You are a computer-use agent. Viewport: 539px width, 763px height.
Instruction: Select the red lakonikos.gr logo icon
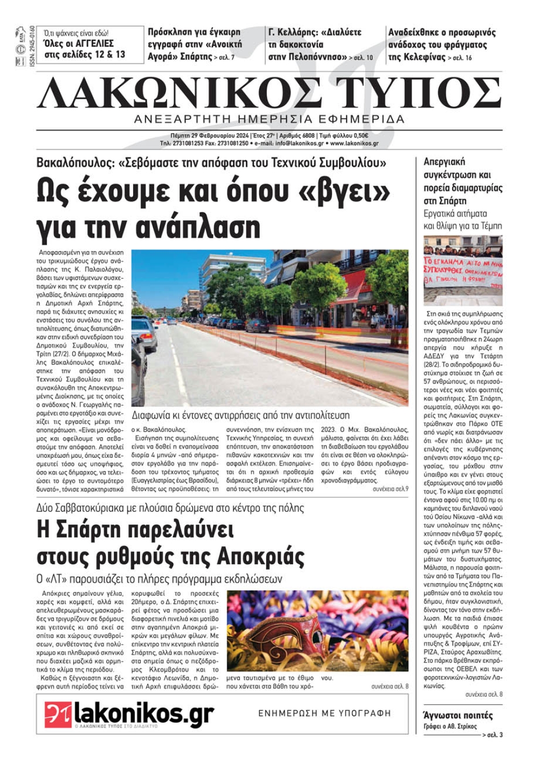click(x=58, y=715)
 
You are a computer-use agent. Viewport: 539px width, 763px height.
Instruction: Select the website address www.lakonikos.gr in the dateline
click(x=354, y=144)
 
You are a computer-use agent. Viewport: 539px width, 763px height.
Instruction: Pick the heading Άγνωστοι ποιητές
click(x=458, y=716)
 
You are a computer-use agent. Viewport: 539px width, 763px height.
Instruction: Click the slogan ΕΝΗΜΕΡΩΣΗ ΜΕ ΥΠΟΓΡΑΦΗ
click(x=324, y=713)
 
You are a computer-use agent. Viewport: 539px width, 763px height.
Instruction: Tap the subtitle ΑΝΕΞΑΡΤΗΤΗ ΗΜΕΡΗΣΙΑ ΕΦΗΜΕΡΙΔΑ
click(x=269, y=119)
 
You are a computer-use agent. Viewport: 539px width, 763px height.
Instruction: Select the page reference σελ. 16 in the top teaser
click(x=462, y=58)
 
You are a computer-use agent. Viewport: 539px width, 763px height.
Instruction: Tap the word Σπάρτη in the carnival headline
click(x=82, y=530)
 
